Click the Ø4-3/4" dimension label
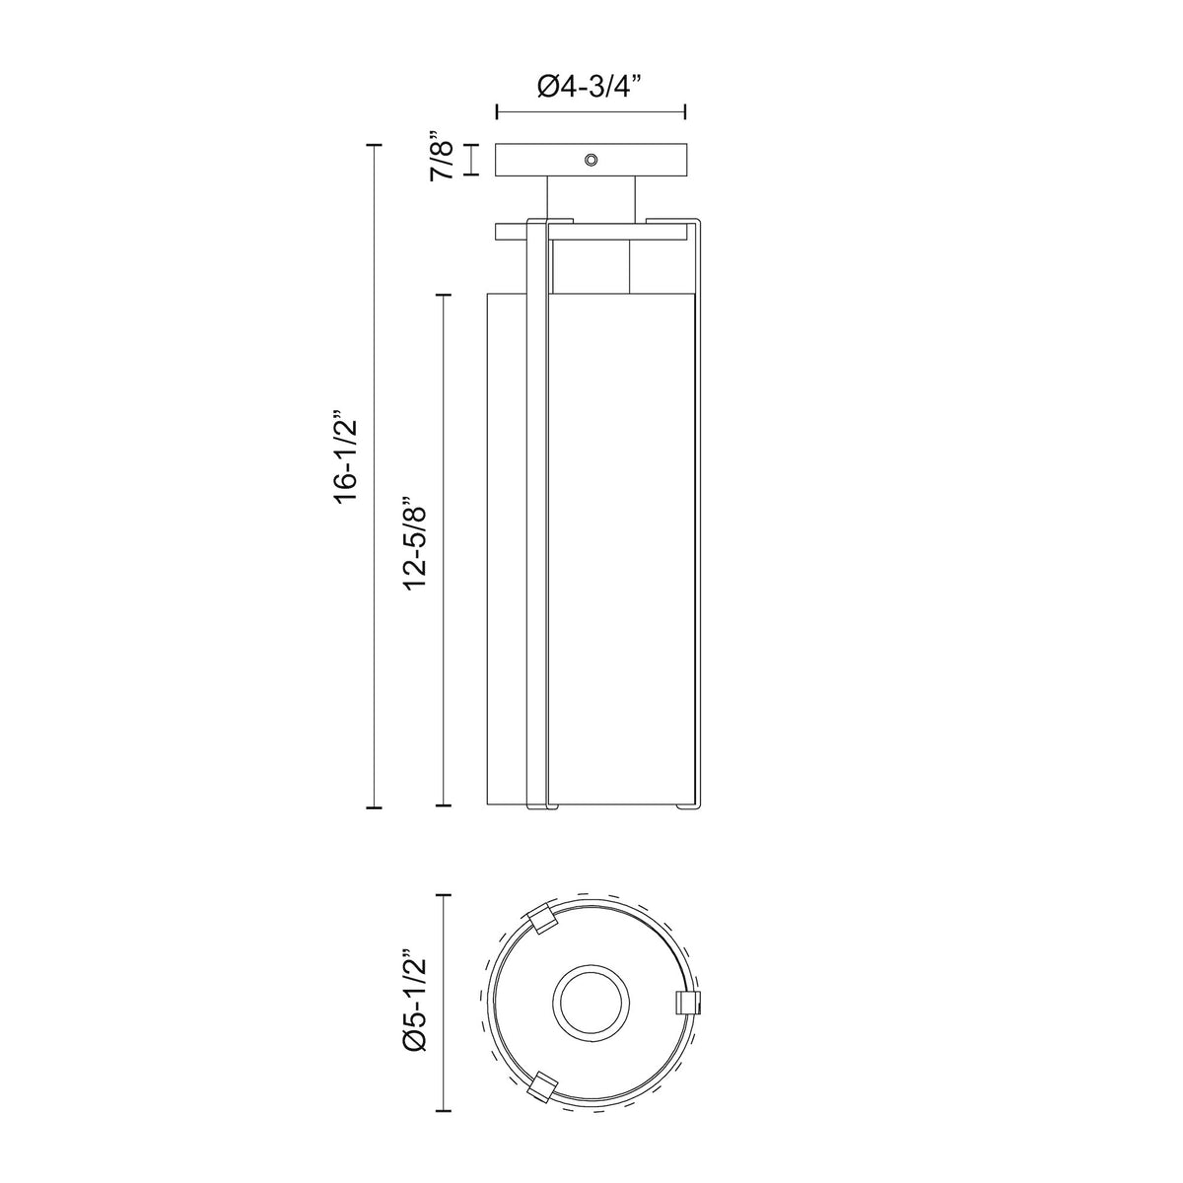tap(590, 86)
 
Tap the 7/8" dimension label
tap(442, 155)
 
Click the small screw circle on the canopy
tap(591, 160)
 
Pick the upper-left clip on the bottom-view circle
tap(542, 936)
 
